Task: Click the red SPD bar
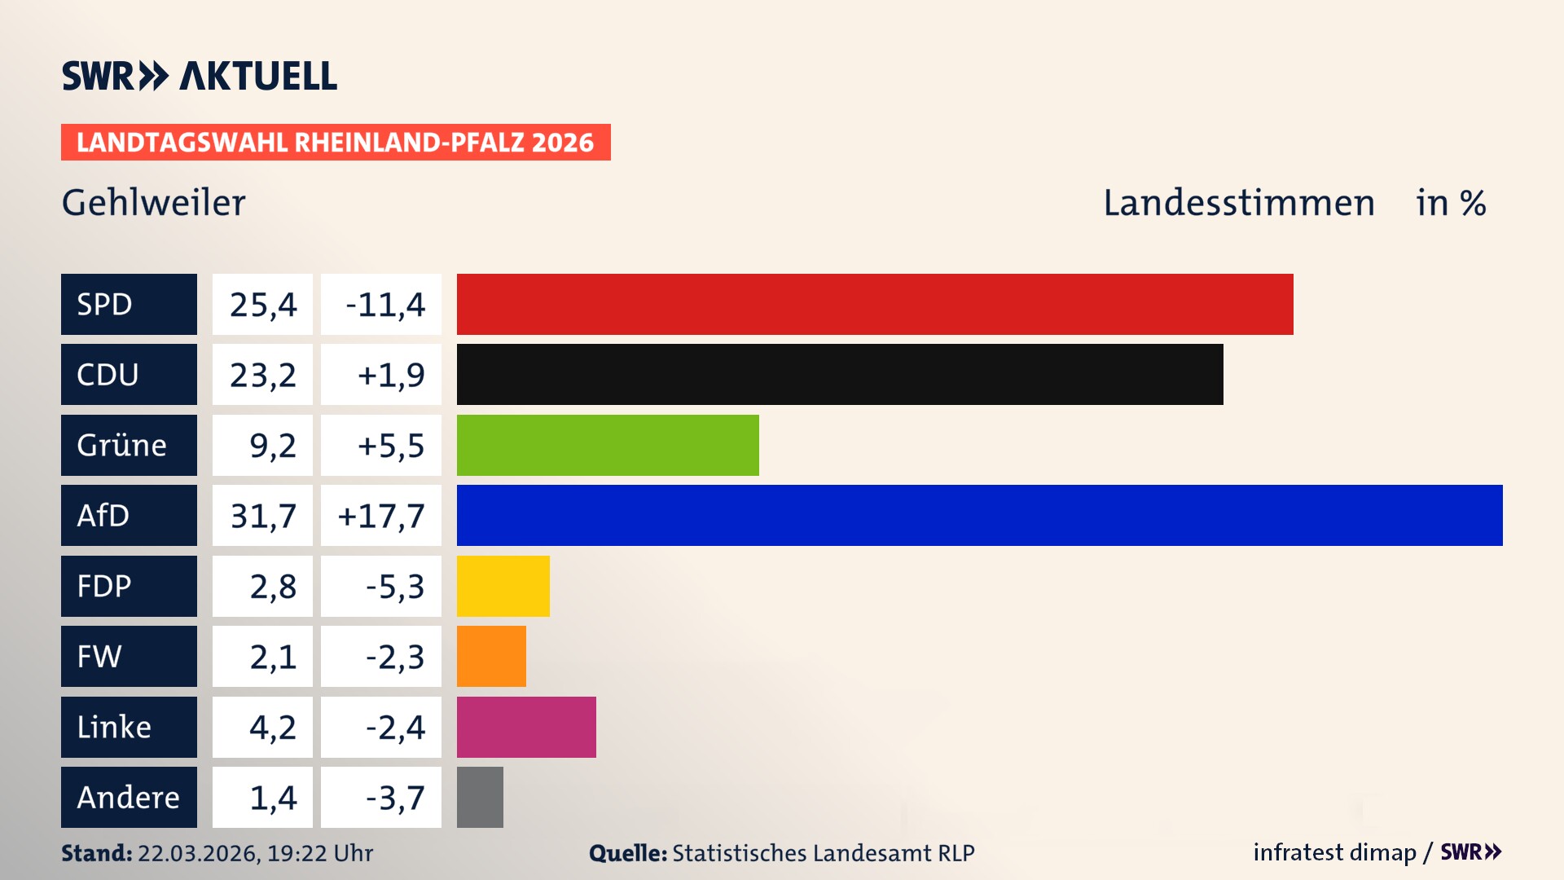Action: click(874, 304)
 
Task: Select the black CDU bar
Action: click(839, 374)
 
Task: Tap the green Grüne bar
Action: click(607, 445)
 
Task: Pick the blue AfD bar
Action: click(979, 515)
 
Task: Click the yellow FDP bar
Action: click(503, 586)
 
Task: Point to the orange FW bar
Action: click(491, 656)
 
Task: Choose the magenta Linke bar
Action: click(525, 727)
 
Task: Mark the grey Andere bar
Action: click(480, 797)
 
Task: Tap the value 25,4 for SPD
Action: click(262, 305)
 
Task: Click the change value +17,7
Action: click(381, 516)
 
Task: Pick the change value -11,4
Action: click(384, 305)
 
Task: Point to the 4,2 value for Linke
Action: click(272, 727)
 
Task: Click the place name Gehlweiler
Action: click(153, 202)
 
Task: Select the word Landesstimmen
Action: click(1238, 202)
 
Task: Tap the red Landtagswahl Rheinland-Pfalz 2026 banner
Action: click(335, 142)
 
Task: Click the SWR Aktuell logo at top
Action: click(199, 76)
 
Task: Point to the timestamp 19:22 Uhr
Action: click(319, 853)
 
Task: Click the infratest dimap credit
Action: click(1333, 852)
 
